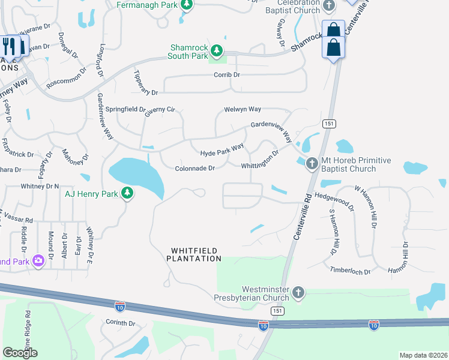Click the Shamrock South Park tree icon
(x=217, y=50)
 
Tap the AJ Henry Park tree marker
(x=127, y=193)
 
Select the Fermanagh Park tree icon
(x=187, y=5)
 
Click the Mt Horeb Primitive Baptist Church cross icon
(x=312, y=163)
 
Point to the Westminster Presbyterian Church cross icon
(x=298, y=293)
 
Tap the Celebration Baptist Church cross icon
(x=328, y=6)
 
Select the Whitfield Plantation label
(x=194, y=254)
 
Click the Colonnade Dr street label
(x=195, y=169)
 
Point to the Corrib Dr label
(x=227, y=75)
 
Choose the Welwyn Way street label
(x=243, y=109)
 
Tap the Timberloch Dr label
(x=351, y=270)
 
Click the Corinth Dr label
(x=121, y=323)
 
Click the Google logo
(x=20, y=353)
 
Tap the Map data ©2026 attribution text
(x=423, y=355)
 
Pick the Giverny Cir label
(x=159, y=110)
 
